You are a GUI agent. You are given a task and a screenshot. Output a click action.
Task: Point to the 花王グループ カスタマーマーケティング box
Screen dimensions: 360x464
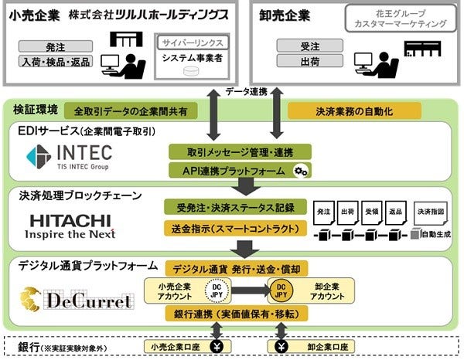click(395, 19)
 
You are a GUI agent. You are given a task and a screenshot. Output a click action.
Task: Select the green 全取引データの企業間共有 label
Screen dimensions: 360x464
click(131, 111)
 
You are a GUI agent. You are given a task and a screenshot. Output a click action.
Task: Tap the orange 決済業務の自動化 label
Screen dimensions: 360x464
click(341, 111)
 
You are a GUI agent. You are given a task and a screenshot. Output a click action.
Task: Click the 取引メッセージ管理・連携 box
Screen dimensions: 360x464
click(239, 151)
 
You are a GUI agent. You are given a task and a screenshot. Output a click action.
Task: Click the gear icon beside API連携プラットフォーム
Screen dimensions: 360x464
click(302, 171)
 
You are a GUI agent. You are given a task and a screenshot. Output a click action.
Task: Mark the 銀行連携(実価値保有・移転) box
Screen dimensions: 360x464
click(239, 314)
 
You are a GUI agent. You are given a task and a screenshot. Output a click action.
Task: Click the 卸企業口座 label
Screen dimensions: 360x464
click(318, 345)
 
